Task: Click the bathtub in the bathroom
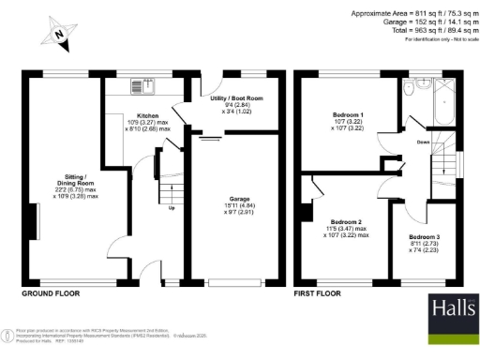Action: pos(442,103)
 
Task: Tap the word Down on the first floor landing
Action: pos(425,142)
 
